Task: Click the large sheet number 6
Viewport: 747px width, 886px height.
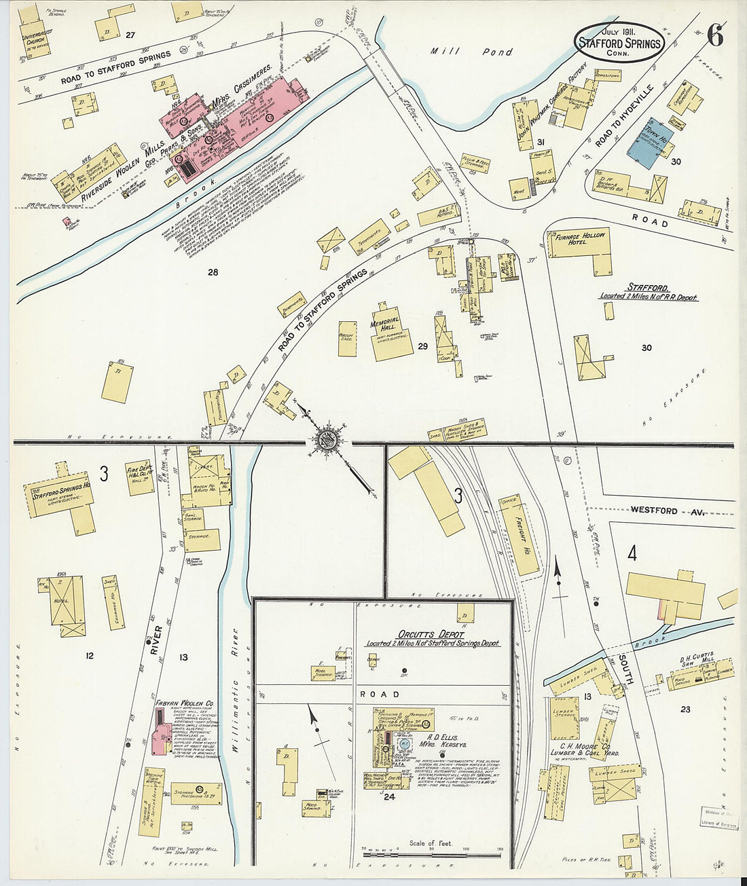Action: pyautogui.click(x=714, y=35)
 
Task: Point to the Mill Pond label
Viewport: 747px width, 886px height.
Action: pyautogui.click(x=472, y=52)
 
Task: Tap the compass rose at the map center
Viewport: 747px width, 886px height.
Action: pyautogui.click(x=328, y=439)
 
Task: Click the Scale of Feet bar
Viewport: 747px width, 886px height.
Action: pyautogui.click(x=431, y=848)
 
